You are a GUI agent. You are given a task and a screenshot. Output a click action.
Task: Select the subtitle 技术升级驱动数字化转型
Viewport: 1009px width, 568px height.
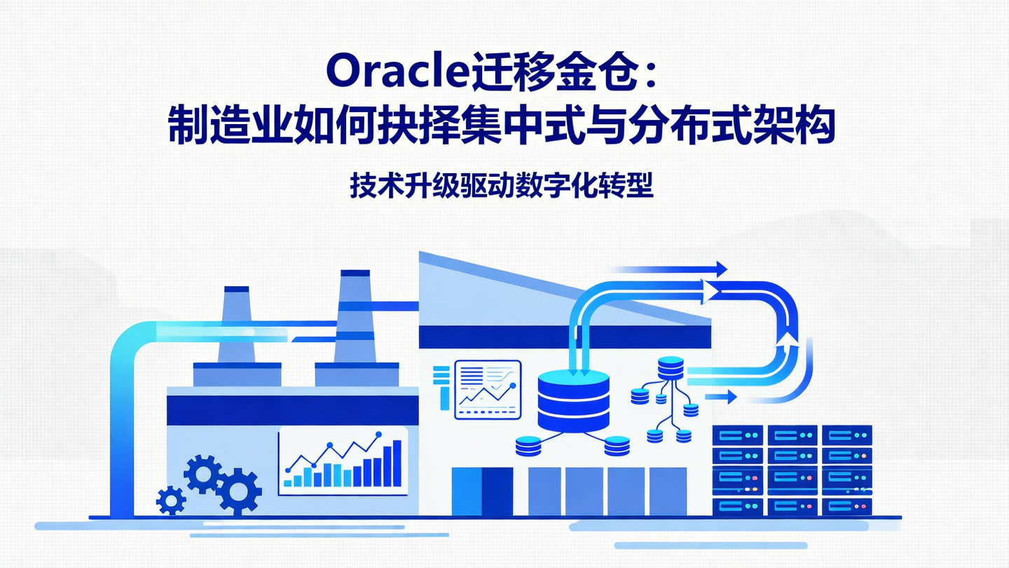pyautogui.click(x=502, y=187)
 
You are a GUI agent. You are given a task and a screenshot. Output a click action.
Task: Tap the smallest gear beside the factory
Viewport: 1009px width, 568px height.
pyautogui.click(x=171, y=499)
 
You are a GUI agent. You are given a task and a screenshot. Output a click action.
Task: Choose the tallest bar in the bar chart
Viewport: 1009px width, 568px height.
pyautogui.click(x=397, y=463)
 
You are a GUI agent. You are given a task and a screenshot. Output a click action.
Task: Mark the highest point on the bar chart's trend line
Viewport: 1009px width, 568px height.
pyautogui.click(x=379, y=435)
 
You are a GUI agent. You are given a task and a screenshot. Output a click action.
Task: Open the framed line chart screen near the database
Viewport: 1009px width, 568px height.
pyautogui.click(x=488, y=389)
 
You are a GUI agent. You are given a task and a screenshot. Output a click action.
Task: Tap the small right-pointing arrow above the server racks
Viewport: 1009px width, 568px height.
pyautogui.click(x=729, y=398)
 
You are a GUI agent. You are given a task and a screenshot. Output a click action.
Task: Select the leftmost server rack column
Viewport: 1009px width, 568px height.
pyautogui.click(x=738, y=470)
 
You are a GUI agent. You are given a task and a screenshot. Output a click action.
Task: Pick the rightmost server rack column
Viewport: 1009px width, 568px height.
pyautogui.click(x=847, y=470)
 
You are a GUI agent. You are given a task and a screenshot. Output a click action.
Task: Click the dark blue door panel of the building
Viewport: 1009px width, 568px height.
pyautogui.click(x=497, y=491)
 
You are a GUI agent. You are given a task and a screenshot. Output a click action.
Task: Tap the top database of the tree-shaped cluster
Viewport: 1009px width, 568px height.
pyautogui.click(x=671, y=366)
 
